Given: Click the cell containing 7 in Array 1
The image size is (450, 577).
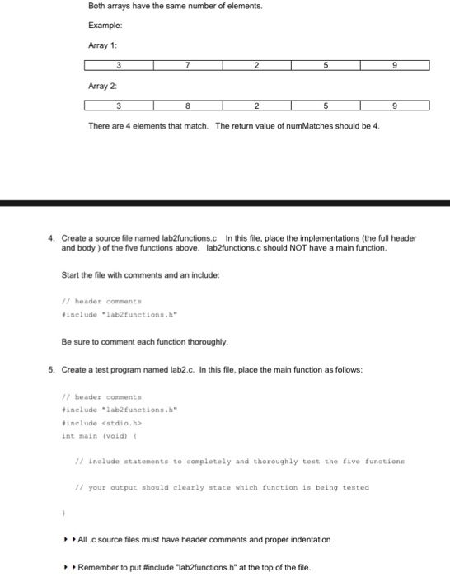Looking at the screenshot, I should (x=188, y=65).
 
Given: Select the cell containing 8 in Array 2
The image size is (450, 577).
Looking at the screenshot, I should (x=188, y=106).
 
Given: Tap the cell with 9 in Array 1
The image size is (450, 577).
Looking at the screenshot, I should (x=395, y=65).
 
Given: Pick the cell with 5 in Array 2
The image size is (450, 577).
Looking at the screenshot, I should (x=326, y=106).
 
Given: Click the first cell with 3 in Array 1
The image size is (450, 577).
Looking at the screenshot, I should (x=119, y=65).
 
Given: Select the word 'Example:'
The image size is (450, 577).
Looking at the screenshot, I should (x=104, y=26).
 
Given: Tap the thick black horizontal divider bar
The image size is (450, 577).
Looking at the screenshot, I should (x=225, y=203).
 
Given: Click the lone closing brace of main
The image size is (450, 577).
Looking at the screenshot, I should (x=63, y=510).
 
